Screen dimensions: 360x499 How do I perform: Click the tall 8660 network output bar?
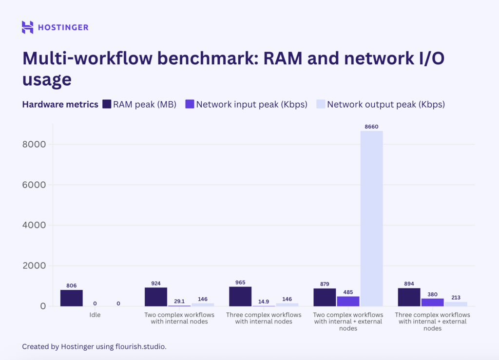pos(371,218)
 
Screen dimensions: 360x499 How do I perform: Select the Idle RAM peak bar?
pos(72,298)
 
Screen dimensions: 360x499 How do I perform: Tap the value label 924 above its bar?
pos(156,284)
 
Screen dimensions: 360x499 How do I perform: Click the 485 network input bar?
pos(348,301)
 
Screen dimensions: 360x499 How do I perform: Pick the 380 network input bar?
pos(432,302)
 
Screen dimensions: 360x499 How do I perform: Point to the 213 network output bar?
pos(456,304)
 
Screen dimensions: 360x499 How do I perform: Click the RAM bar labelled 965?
pos(240,296)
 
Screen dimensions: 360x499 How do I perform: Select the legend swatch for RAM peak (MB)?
pos(107,104)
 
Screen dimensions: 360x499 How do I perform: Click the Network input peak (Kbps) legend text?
pos(251,104)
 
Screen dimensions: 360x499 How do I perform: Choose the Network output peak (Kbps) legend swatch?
pos(321,104)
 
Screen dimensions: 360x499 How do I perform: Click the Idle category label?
pos(95,315)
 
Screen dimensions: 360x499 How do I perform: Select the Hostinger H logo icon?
pos(28,27)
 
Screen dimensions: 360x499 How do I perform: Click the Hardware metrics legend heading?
pos(60,104)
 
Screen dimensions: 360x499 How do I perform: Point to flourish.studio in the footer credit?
pos(142,346)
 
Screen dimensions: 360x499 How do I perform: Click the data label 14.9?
pos(264,302)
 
